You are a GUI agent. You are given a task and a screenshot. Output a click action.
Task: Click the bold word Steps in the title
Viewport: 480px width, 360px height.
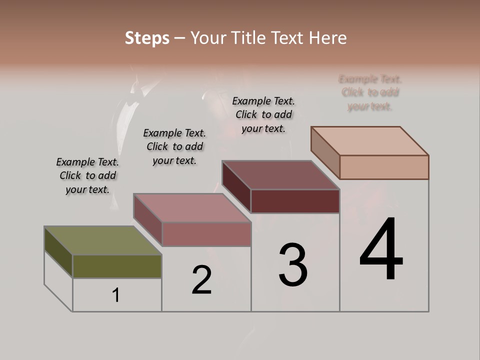click(147, 38)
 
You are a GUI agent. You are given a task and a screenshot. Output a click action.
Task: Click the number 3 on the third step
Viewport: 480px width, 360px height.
click(293, 265)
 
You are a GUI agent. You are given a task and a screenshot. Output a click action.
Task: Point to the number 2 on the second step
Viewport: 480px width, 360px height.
click(201, 280)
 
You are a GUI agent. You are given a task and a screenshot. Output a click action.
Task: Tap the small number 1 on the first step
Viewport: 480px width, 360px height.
click(116, 295)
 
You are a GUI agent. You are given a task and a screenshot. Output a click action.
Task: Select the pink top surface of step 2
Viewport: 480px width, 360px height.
click(192, 208)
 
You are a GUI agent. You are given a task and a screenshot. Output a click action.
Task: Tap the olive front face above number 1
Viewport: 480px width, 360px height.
click(117, 266)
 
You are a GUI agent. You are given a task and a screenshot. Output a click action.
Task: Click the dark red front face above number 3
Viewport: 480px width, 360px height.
click(295, 201)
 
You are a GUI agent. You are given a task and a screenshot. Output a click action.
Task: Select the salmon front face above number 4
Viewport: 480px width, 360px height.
click(384, 167)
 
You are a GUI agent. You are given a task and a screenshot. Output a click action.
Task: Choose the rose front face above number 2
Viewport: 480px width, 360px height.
click(206, 234)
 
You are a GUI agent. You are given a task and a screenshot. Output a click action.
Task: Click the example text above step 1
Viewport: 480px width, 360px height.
click(87, 175)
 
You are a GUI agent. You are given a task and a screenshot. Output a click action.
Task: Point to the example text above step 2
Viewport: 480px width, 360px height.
click(174, 146)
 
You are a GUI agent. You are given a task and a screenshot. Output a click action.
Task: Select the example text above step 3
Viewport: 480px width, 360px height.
click(263, 114)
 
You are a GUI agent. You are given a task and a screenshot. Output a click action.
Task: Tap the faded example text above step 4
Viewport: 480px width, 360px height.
click(370, 92)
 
